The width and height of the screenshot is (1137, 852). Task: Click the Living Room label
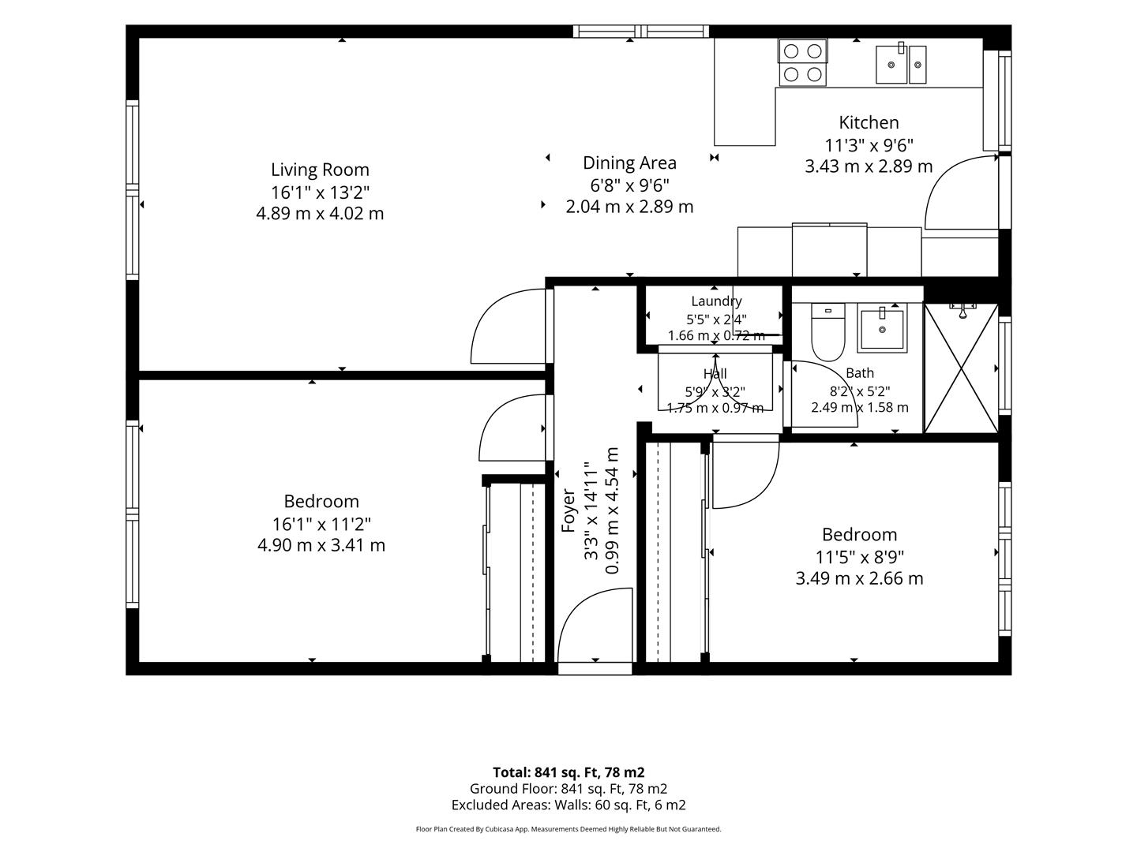tap(320, 170)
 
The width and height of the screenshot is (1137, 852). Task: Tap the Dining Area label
tap(629, 163)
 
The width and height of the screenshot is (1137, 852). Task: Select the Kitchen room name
tap(869, 122)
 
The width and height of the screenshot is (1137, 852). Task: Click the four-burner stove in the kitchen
tap(802, 62)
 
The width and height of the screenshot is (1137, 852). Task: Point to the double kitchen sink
tap(901, 64)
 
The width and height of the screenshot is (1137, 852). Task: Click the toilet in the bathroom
tap(827, 332)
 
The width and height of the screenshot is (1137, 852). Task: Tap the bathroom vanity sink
tap(882, 328)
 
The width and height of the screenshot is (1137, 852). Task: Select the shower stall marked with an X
tap(962, 368)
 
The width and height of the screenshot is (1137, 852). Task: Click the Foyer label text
tap(568, 510)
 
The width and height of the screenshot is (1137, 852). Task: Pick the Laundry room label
tap(716, 301)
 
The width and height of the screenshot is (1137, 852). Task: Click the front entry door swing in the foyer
tap(595, 626)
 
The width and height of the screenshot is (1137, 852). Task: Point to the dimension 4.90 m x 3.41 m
tap(321, 545)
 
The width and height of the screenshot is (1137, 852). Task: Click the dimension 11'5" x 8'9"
tap(859, 557)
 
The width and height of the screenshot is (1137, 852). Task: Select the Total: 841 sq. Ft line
tap(568, 772)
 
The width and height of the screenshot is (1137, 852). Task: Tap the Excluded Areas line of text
tap(568, 805)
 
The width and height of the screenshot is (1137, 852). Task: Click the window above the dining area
tap(641, 32)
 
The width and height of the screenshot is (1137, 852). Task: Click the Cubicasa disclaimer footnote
tap(568, 828)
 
